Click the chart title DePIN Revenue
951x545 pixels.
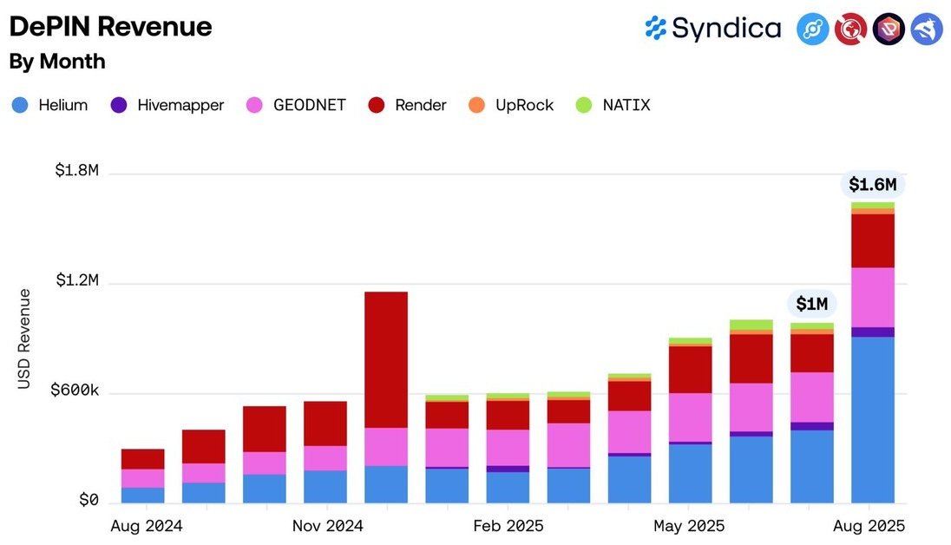[110, 27]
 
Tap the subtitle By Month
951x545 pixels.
[57, 62]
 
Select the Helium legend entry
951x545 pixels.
[50, 105]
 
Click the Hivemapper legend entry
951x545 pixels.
[167, 105]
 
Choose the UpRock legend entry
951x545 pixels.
[512, 105]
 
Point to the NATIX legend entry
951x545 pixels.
[613, 105]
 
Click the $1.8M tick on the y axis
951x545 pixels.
[76, 171]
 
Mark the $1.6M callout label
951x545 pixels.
[872, 185]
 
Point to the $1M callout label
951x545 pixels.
[812, 304]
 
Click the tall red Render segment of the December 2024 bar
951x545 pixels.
[386, 359]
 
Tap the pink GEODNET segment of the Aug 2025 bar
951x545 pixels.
[872, 297]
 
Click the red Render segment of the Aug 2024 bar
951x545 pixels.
[143, 458]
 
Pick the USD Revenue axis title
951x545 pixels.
[24, 338]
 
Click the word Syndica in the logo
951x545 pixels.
[726, 29]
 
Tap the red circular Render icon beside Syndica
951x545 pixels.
[850, 30]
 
